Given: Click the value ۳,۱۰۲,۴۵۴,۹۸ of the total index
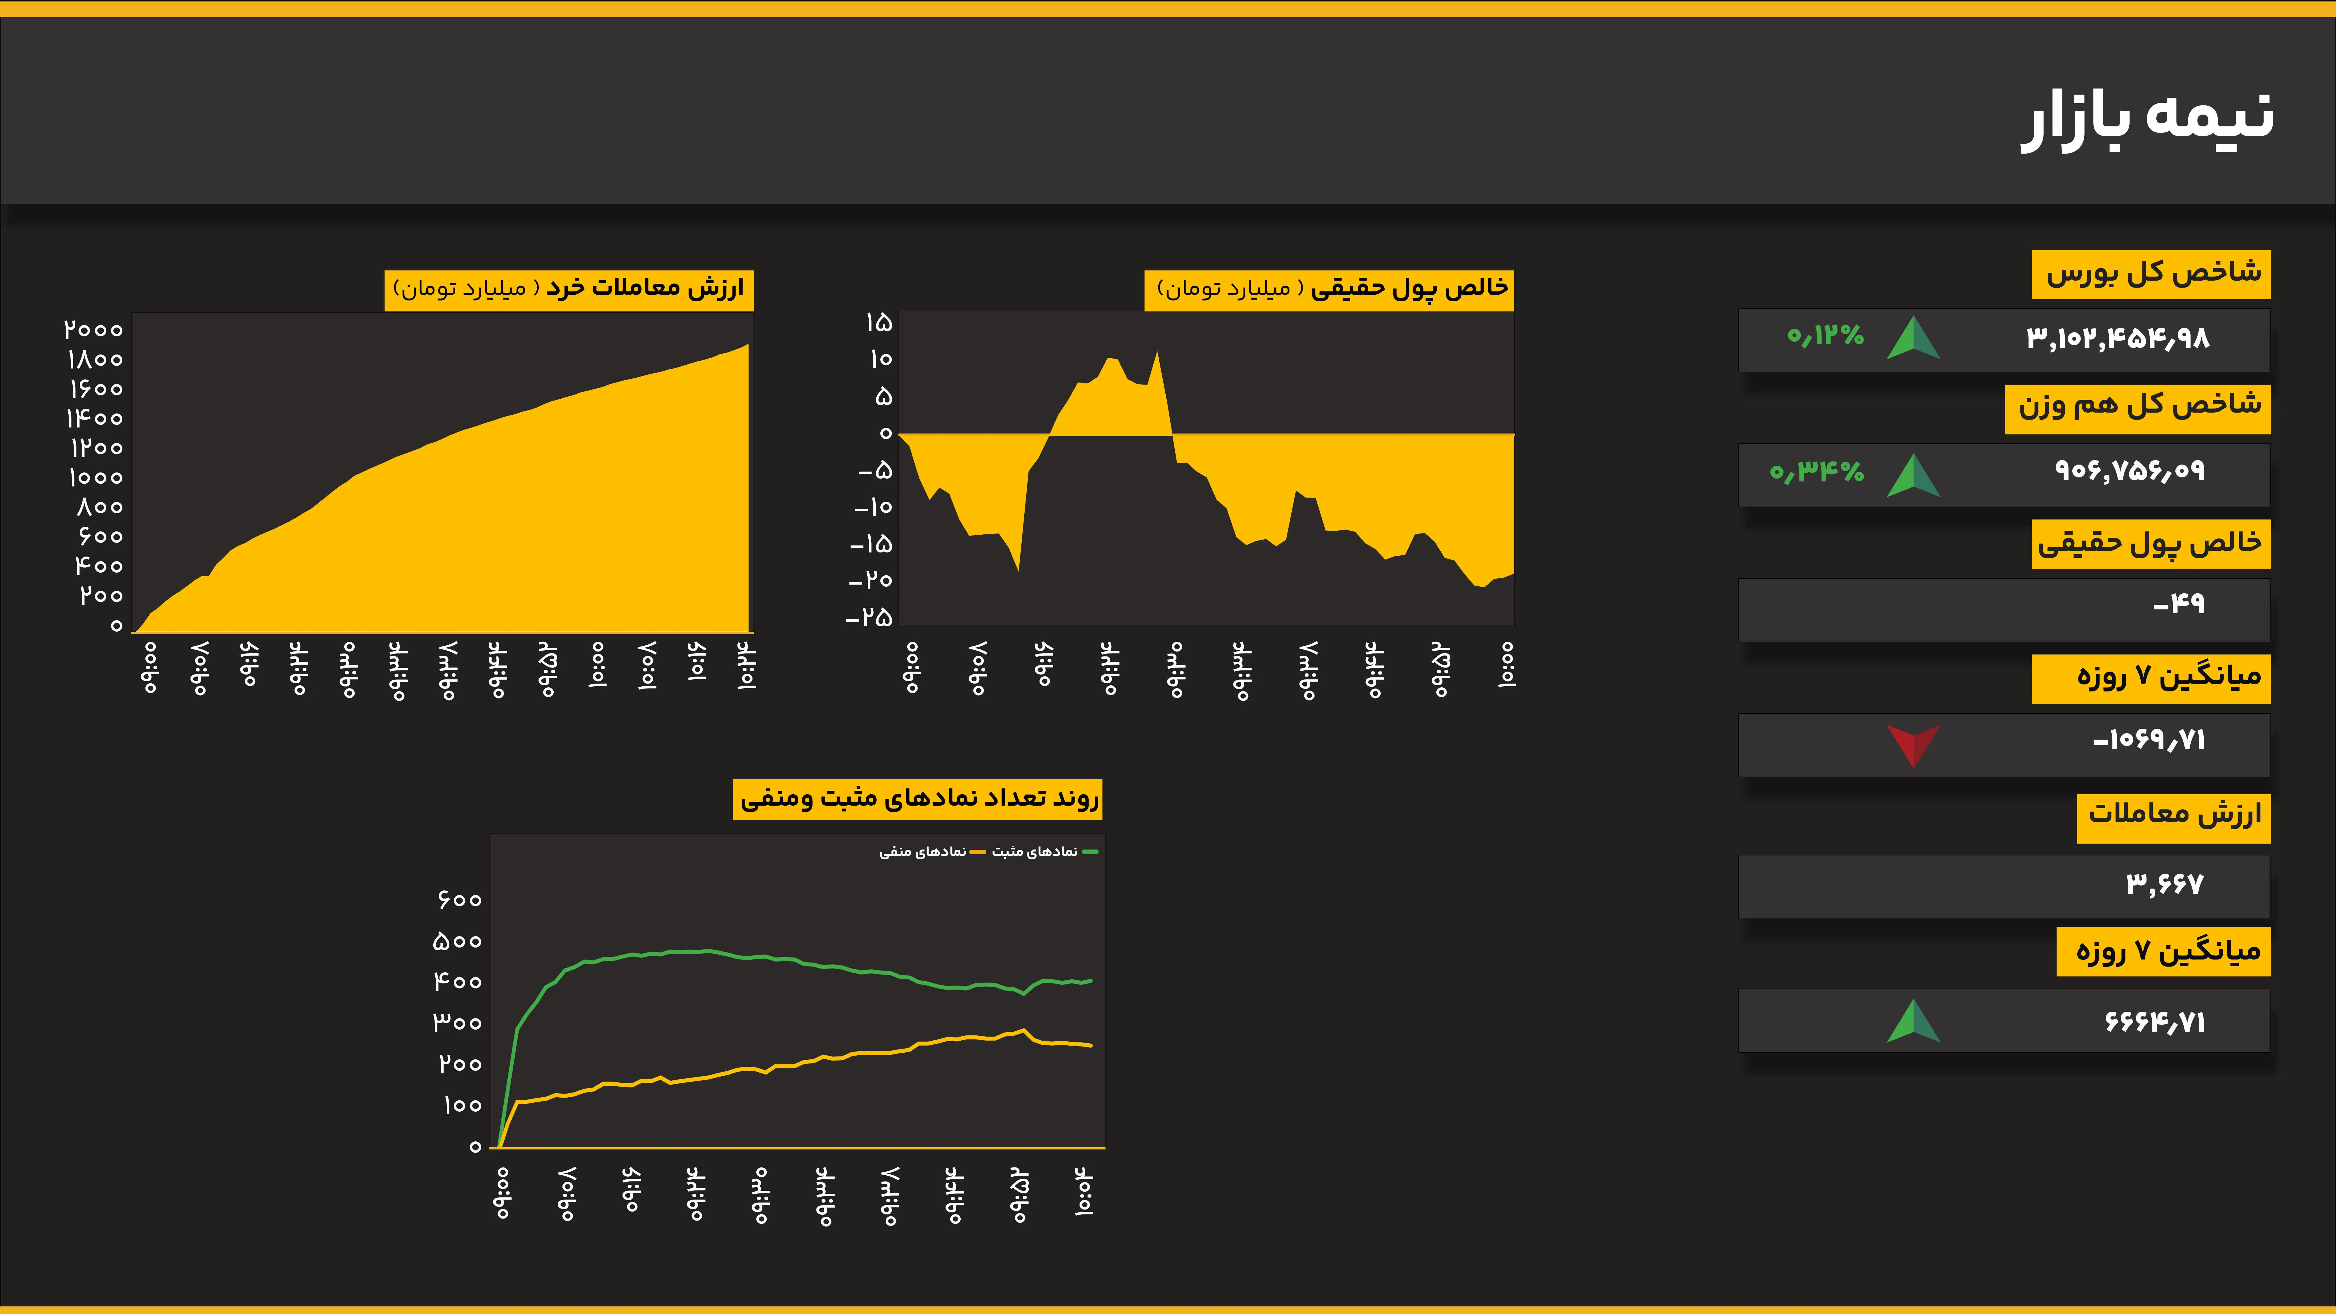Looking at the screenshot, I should point(2118,339).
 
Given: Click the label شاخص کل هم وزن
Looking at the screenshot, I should point(2138,405).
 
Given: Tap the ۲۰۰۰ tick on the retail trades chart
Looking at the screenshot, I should point(93,330).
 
